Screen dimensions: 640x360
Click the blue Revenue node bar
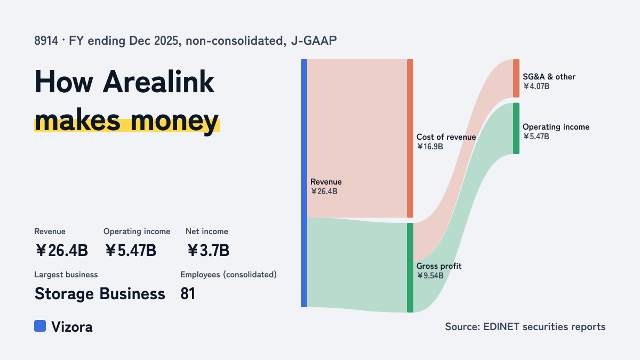pyautogui.click(x=304, y=183)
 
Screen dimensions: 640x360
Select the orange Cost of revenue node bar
pyautogui.click(x=410, y=138)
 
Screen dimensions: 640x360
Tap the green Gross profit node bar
pyautogui.click(x=410, y=268)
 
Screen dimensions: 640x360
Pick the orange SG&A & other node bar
pyautogui.click(x=516, y=78)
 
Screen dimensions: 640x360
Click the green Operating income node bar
pyautogui.click(x=516, y=129)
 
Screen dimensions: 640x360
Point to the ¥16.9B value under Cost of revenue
pyautogui.click(x=430, y=147)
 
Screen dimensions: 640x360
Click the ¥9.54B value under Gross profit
pyautogui.click(x=430, y=276)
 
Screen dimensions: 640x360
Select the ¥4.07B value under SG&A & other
pyautogui.click(x=537, y=86)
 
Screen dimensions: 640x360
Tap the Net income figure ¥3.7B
pyautogui.click(x=209, y=250)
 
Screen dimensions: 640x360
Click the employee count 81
pyautogui.click(x=188, y=294)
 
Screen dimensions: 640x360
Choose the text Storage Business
pyautogui.click(x=100, y=294)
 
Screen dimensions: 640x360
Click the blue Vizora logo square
pyautogui.click(x=40, y=326)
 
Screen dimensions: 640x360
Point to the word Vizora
pyautogui.click(x=71, y=327)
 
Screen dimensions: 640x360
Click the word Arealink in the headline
pyautogui.click(x=158, y=82)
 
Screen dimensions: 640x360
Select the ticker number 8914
pyautogui.click(x=46, y=41)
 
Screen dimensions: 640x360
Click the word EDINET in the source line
pyautogui.click(x=501, y=327)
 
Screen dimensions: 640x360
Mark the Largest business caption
pyautogui.click(x=66, y=275)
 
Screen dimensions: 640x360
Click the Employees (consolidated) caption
pyautogui.click(x=228, y=275)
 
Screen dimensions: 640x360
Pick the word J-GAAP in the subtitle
pyautogui.click(x=314, y=41)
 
